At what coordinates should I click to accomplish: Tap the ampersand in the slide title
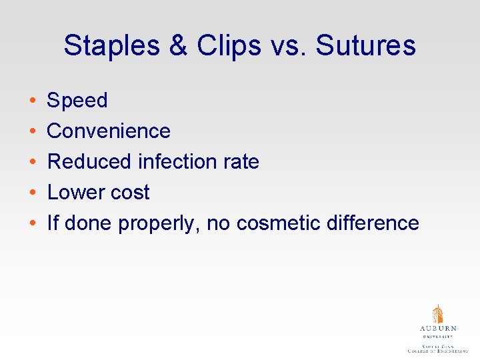(x=179, y=46)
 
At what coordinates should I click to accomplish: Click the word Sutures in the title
(x=366, y=46)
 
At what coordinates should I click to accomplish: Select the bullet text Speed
(x=77, y=101)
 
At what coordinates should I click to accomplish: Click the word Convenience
(x=109, y=131)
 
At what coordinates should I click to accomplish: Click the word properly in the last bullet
(x=159, y=223)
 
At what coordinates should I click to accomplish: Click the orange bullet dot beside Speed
(x=33, y=101)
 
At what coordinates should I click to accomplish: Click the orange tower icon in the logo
(x=438, y=314)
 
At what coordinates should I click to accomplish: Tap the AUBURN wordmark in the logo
(x=438, y=329)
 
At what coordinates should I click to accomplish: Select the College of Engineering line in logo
(x=438, y=350)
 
